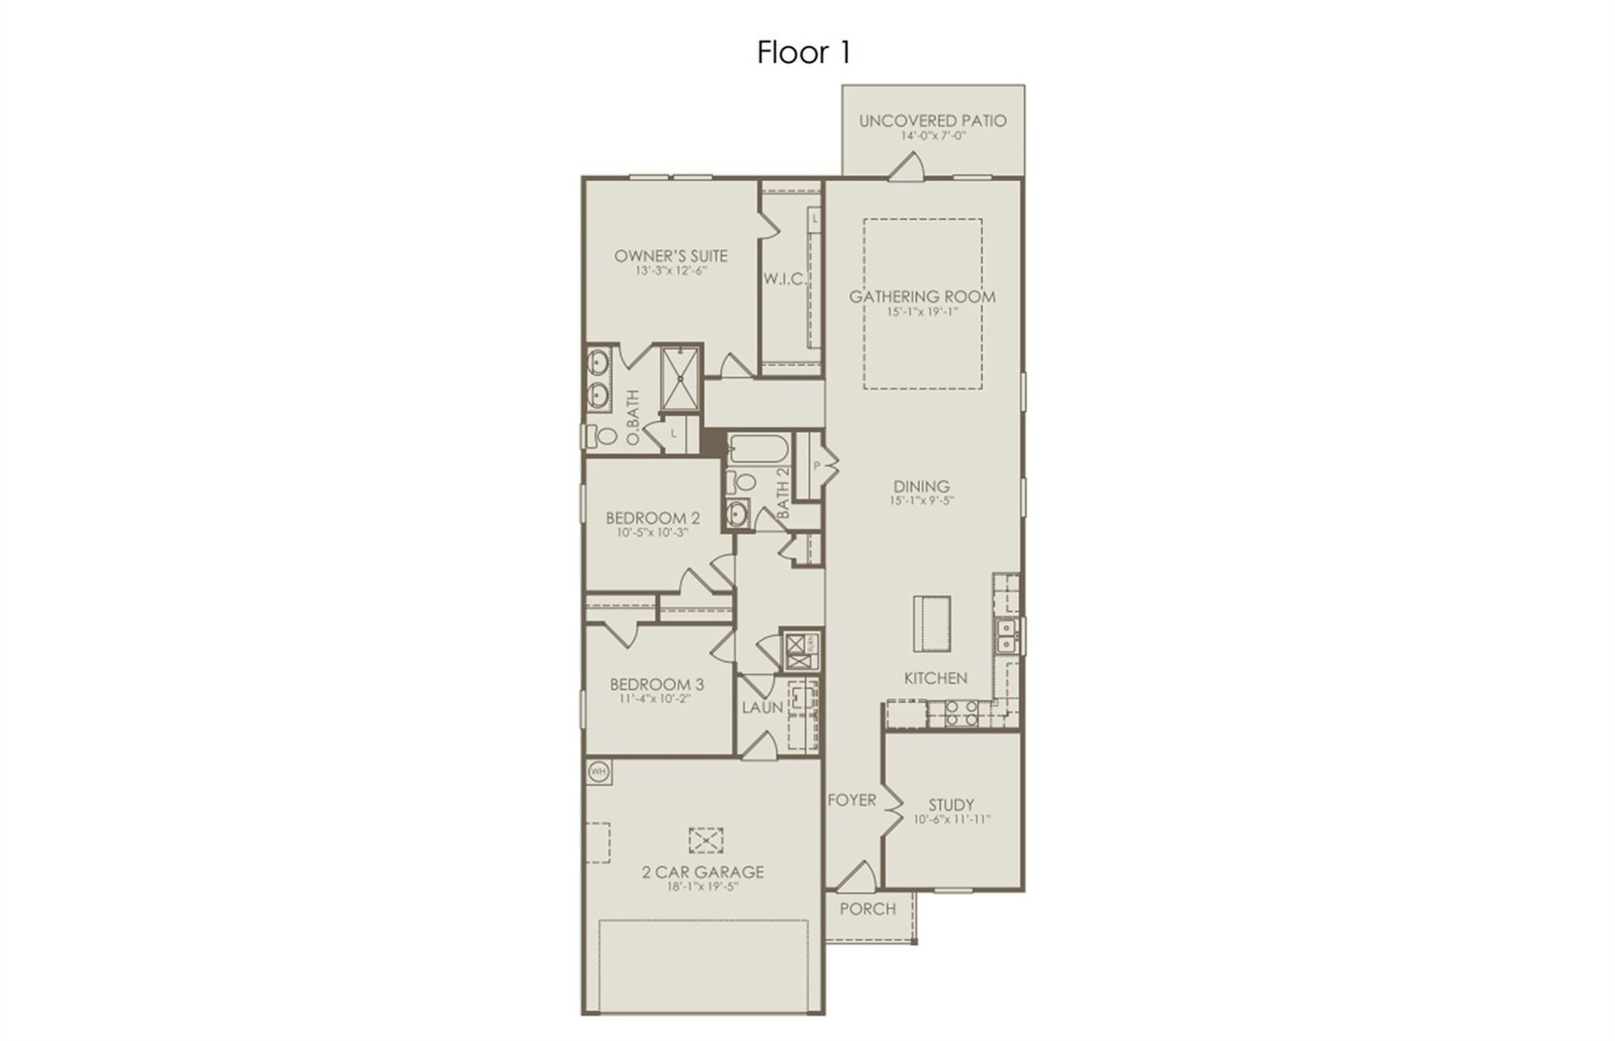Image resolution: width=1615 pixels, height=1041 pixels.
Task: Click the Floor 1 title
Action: click(x=804, y=53)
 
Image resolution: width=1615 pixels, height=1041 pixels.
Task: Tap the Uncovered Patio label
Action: click(x=932, y=121)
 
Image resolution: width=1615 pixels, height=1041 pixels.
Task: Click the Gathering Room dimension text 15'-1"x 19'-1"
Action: click(x=922, y=312)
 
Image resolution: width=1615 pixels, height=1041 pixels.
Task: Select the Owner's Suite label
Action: click(x=670, y=256)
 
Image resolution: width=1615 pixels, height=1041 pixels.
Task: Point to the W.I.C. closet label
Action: click(x=784, y=279)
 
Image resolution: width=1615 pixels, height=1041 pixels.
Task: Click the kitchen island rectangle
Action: click(x=931, y=623)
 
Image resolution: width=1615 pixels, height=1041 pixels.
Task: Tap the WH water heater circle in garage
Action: click(x=599, y=771)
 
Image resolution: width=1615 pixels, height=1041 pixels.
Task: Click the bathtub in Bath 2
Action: click(x=758, y=450)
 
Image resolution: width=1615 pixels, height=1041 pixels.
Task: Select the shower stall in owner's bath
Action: click(x=681, y=377)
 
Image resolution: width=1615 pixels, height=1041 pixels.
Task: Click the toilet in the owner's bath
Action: click(x=606, y=435)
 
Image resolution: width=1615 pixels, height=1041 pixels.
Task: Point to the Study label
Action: click(x=951, y=805)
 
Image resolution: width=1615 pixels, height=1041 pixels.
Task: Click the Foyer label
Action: click(x=852, y=800)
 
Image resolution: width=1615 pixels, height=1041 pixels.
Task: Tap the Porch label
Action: click(x=867, y=909)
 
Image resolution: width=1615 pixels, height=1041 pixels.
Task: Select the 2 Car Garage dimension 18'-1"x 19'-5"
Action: click(x=702, y=886)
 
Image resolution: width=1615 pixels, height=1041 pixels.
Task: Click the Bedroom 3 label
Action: click(x=656, y=684)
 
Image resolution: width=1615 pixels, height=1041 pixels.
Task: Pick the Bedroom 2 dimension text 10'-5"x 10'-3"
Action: click(x=652, y=532)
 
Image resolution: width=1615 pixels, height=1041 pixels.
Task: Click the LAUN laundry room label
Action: click(x=762, y=708)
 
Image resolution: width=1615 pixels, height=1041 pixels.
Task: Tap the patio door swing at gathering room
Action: click(x=907, y=166)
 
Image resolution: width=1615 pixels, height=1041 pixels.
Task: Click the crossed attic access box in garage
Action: click(x=706, y=840)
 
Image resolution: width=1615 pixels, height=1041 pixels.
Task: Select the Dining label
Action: click(x=921, y=486)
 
